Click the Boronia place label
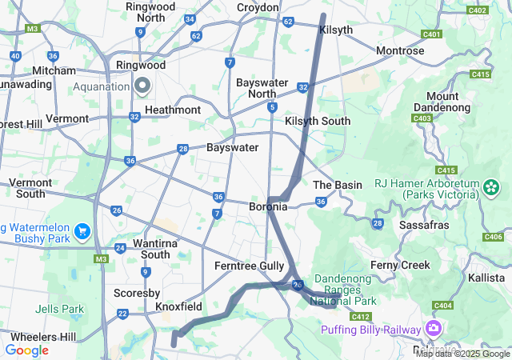coord(267,206)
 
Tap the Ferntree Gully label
coord(249,266)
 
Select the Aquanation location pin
coord(143,86)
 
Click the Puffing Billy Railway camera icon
coord(434,329)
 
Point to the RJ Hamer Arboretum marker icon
coord(490,187)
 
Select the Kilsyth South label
coord(318,121)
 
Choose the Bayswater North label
coord(267,88)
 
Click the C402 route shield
coord(478,10)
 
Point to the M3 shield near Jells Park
coord(101,259)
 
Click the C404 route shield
coord(442,306)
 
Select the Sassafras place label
coord(426,226)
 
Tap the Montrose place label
coord(400,50)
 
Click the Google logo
coord(26,350)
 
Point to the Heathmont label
coord(172,110)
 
